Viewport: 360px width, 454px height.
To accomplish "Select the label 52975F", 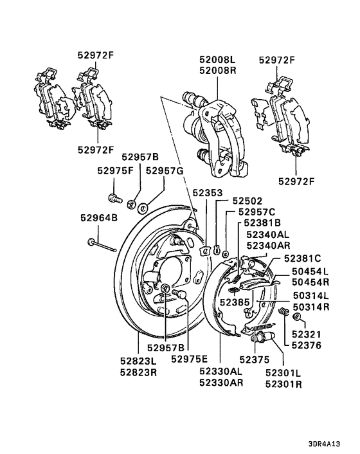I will click(116, 171).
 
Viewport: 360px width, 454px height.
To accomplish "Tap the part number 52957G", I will click(165, 171).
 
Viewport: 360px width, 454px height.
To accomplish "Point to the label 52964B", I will click(99, 219).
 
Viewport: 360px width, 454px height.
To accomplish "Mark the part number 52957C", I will click(256, 212).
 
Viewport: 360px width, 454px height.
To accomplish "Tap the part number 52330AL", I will click(221, 371).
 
